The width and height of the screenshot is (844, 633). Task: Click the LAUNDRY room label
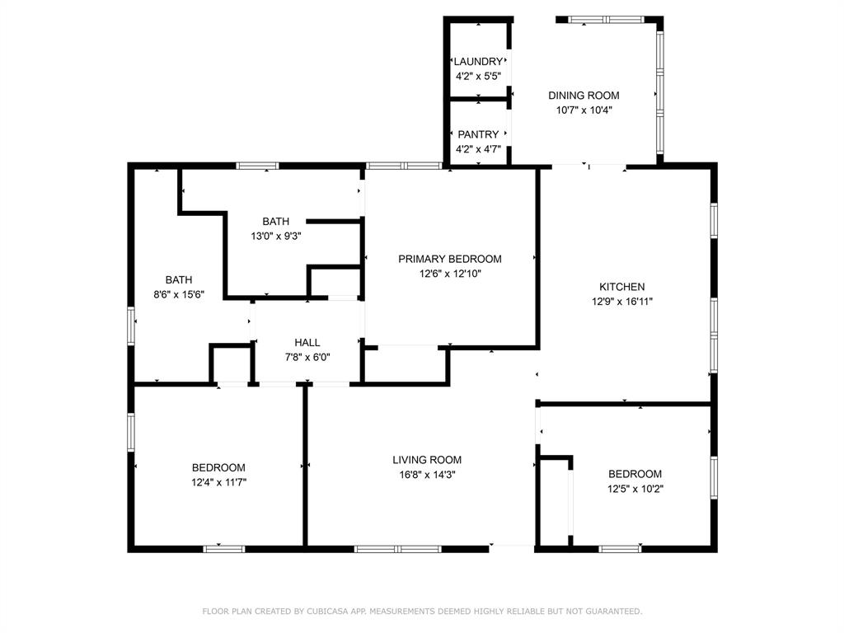tap(478, 62)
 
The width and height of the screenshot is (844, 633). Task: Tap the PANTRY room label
tap(478, 134)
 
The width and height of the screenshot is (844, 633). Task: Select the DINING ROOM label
tap(584, 96)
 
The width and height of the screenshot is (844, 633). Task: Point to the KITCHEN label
tap(621, 287)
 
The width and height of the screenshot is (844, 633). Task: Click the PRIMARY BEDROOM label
tap(449, 259)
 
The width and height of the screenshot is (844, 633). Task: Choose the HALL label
tap(307, 343)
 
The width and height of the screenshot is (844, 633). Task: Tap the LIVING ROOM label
tap(426, 460)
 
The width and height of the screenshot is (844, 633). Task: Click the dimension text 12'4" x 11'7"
tap(218, 482)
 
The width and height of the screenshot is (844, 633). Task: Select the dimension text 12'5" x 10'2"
tap(635, 489)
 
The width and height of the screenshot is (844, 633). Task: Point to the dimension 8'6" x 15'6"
tap(179, 294)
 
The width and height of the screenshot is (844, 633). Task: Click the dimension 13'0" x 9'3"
tap(276, 236)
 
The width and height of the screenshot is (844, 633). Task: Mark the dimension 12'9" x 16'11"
tap(621, 302)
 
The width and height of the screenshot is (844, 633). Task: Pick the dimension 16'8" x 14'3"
tap(426, 475)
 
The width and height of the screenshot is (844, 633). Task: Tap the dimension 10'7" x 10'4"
tap(584, 110)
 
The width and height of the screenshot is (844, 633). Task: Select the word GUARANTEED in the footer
tap(612, 612)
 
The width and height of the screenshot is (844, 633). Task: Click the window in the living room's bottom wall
tap(397, 548)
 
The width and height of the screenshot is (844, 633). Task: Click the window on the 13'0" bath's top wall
tap(257, 166)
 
